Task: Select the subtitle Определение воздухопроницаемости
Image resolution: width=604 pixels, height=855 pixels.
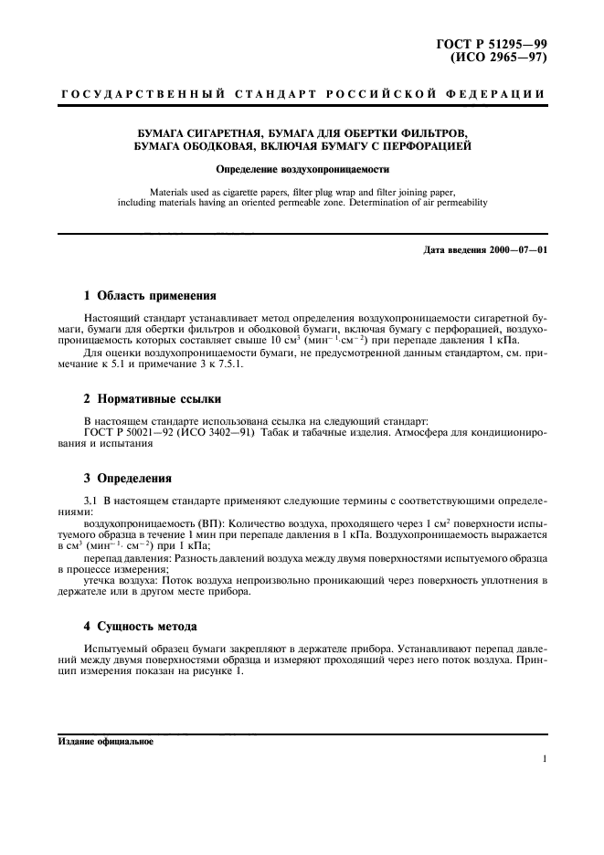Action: click(x=302, y=169)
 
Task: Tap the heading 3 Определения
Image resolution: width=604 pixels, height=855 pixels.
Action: click(x=128, y=478)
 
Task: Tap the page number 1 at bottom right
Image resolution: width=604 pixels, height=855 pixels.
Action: click(x=544, y=759)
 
